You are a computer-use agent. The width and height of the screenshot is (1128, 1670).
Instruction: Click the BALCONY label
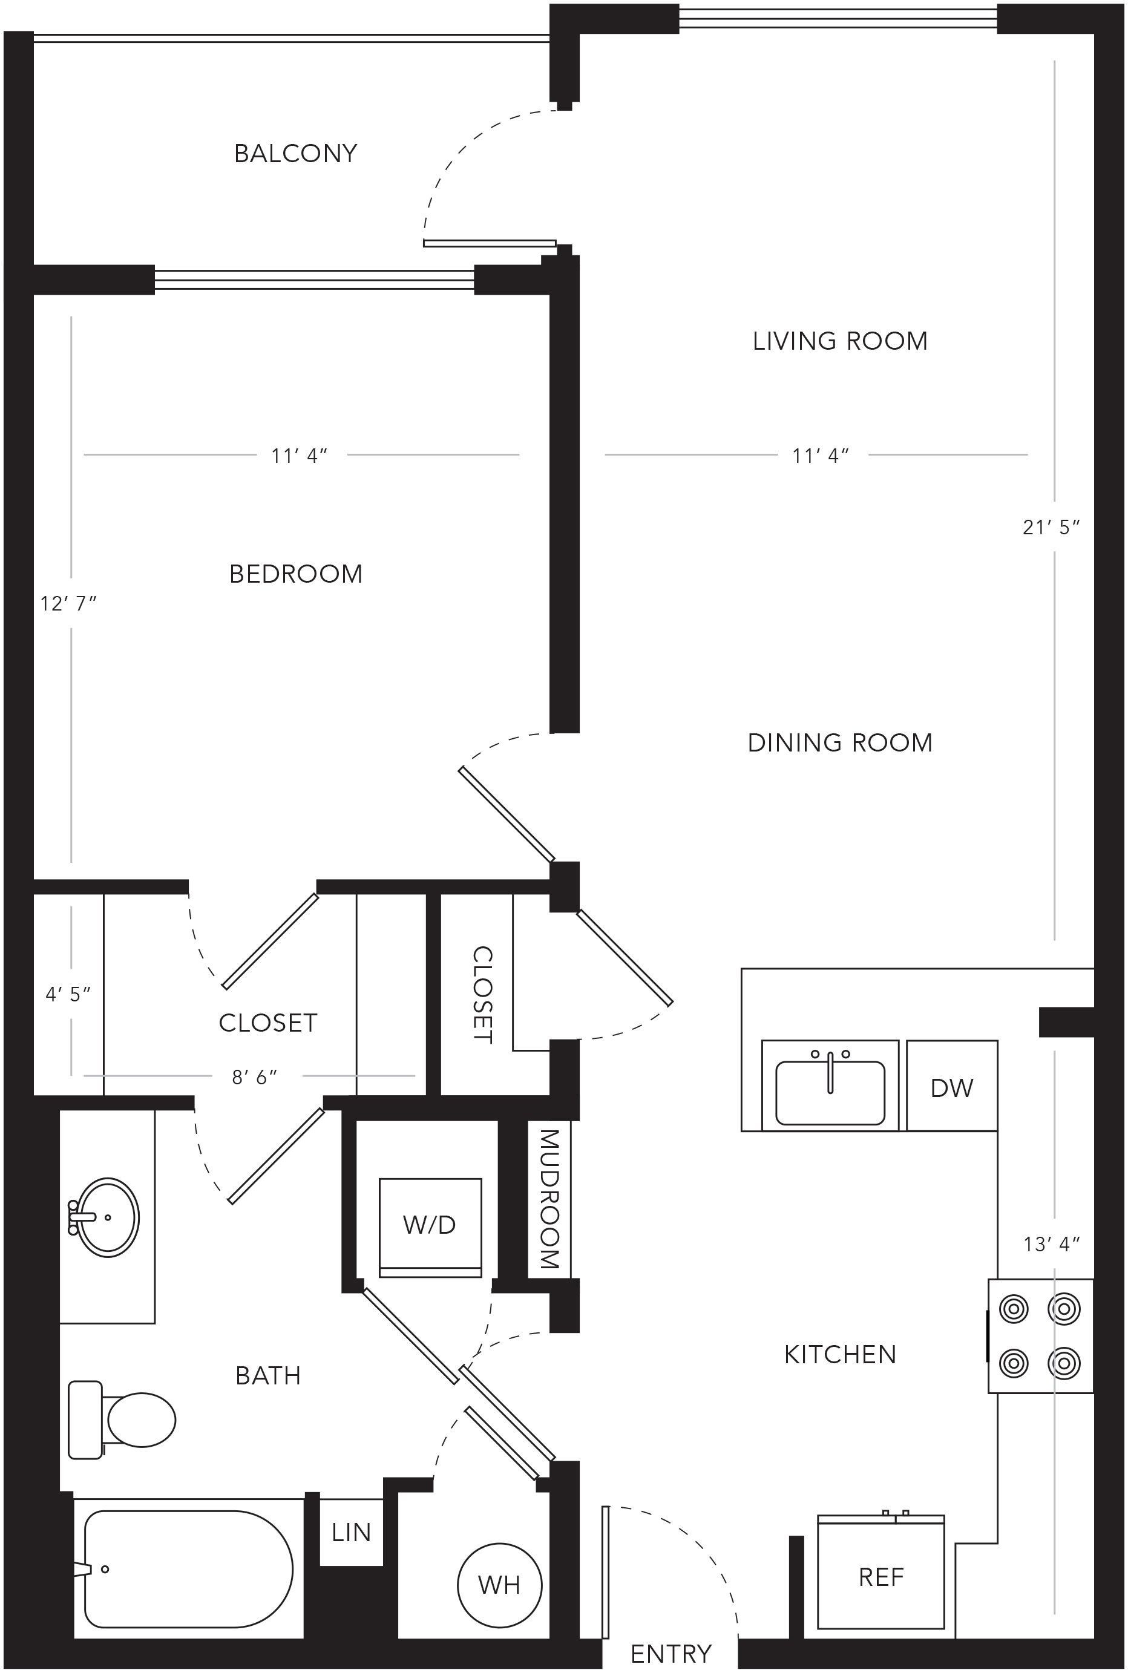(x=295, y=153)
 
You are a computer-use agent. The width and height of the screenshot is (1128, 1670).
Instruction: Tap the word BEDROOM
(x=296, y=574)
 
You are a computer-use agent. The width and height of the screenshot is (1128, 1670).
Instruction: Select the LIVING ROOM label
(x=840, y=341)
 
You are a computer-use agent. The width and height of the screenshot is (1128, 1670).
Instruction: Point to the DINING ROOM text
(x=840, y=742)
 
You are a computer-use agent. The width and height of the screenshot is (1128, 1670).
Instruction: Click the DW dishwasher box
(x=952, y=1085)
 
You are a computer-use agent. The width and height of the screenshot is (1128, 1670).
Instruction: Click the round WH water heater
(x=499, y=1585)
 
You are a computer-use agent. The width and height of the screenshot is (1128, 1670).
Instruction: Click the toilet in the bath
(x=122, y=1420)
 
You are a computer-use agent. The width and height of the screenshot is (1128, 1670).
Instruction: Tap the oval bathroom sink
(x=107, y=1217)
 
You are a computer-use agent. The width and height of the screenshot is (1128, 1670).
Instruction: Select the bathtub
(x=188, y=1570)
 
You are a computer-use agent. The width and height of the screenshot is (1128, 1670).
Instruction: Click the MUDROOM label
(x=549, y=1199)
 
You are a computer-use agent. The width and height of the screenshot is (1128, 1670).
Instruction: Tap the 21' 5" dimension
(x=1051, y=528)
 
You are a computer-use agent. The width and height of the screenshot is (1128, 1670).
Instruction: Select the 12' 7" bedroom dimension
(x=68, y=604)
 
